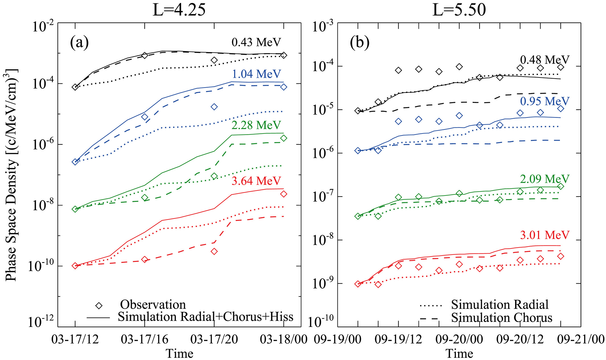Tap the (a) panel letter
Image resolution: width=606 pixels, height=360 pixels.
(x=79, y=43)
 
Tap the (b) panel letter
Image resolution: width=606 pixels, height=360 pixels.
(x=359, y=43)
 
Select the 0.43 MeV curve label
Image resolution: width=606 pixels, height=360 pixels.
(x=256, y=42)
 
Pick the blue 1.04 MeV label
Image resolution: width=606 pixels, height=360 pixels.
(x=256, y=74)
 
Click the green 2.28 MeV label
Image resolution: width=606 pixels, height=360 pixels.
(x=256, y=125)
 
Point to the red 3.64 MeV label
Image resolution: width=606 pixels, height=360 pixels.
(x=256, y=181)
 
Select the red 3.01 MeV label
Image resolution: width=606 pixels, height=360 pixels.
(x=544, y=235)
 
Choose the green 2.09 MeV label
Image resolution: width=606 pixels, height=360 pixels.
(x=544, y=179)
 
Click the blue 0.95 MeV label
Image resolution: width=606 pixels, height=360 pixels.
(x=544, y=101)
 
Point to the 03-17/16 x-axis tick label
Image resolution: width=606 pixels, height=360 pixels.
(x=145, y=339)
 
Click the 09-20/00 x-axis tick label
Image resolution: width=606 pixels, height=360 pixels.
(x=459, y=339)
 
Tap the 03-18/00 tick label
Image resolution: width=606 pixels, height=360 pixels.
(x=284, y=339)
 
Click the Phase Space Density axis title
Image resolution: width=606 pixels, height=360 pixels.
(x=11, y=175)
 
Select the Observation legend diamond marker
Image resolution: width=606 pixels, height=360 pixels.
(x=99, y=306)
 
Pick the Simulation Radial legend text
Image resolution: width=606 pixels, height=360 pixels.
(x=500, y=304)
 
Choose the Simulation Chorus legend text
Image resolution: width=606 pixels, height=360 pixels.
(x=501, y=318)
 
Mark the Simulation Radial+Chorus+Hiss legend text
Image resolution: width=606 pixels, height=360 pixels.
(x=206, y=317)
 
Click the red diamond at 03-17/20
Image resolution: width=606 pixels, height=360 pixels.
(x=214, y=251)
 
